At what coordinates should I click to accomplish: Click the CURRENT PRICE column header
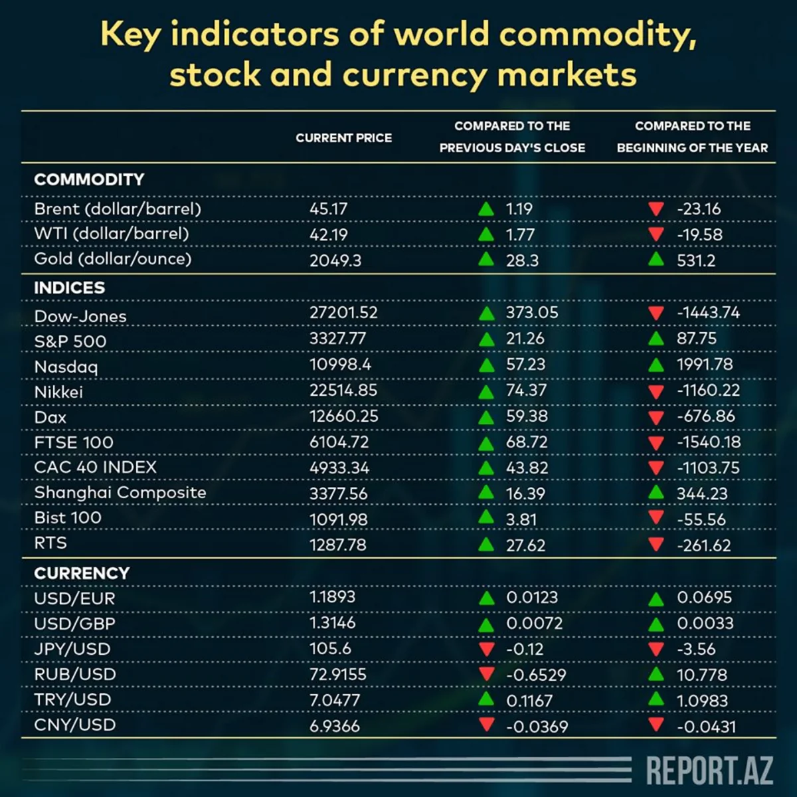343,138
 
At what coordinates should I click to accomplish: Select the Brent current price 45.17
328,209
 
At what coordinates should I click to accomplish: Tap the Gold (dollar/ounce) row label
112,258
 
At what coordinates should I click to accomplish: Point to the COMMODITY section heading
89,179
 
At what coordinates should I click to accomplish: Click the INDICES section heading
69,288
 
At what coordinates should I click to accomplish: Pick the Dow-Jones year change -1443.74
708,312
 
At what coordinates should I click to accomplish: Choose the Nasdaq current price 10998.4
340,365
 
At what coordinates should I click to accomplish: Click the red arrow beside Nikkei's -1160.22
656,391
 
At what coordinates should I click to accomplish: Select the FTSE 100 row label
74,442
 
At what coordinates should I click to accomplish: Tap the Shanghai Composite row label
120,493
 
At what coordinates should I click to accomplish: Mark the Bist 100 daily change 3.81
521,519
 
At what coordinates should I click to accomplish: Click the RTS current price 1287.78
337,545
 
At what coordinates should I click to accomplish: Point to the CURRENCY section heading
82,573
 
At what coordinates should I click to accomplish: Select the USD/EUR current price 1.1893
332,597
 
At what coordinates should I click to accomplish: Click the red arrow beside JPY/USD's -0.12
486,649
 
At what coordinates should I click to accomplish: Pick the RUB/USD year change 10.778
701,675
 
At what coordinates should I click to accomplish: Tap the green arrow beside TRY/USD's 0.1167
486,699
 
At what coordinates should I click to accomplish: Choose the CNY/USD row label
75,725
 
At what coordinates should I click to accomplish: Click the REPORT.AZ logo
709,770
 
